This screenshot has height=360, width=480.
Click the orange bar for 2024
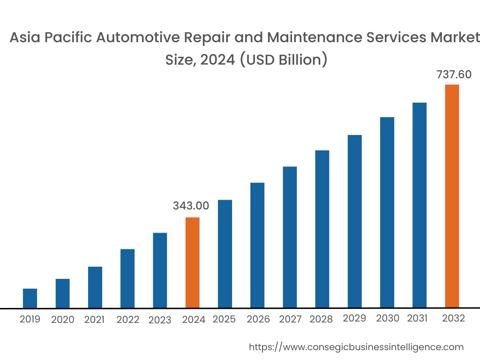pos(192,262)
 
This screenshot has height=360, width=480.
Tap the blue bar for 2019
pos(30,298)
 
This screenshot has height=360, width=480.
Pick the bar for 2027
pos(290,237)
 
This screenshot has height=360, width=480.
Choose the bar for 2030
pos(387,212)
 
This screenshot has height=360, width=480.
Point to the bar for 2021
pos(95,287)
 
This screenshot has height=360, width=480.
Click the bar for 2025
pos(225,254)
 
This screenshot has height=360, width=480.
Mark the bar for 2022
pos(127,278)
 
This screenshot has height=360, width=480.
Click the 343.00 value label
pos(191,206)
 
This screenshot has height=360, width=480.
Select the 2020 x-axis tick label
pos(63,320)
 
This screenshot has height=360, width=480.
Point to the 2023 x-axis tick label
pos(160,320)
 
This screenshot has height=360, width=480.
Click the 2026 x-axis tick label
pos(258,319)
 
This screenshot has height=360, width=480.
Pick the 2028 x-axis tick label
pos(321,319)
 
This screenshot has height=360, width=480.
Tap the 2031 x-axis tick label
pos(417,318)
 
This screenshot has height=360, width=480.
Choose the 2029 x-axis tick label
pos(354,318)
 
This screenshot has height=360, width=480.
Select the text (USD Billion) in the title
pos(284,60)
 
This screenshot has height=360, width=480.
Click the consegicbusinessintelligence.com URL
pos(356,347)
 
